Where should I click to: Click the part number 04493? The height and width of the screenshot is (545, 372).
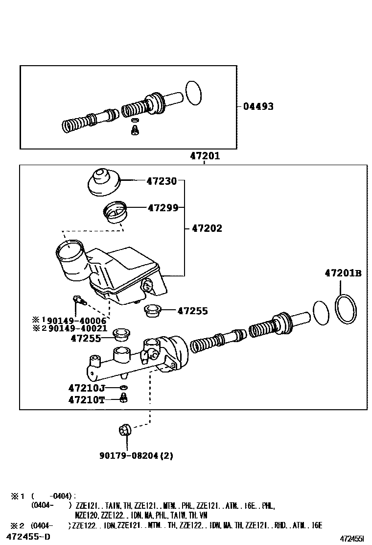(258, 106)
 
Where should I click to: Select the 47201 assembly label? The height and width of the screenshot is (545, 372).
(205, 156)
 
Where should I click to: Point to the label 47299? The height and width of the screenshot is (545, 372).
(163, 208)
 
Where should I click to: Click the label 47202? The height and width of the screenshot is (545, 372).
(207, 228)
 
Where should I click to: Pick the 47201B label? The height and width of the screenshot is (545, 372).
(343, 273)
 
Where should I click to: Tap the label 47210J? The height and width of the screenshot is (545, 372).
(87, 388)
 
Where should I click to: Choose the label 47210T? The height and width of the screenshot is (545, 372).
(87, 399)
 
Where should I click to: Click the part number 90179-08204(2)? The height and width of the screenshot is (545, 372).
(136, 455)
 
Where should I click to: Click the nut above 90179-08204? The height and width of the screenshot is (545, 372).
(124, 430)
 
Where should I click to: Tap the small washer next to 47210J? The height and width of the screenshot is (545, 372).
(123, 389)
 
